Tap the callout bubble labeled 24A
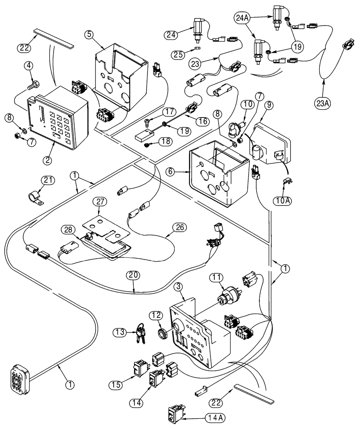(241, 18)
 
